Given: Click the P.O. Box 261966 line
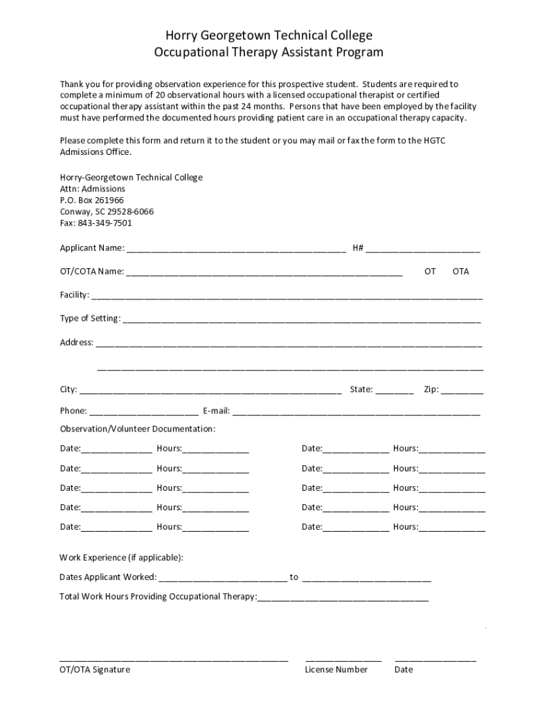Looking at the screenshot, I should click(92, 201).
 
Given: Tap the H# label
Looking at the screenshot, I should click(358, 248).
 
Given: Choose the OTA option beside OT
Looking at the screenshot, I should click(460, 272).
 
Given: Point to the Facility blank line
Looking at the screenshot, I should click(287, 297).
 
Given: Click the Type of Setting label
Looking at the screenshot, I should click(90, 318).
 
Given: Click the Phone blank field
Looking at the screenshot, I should click(144, 413).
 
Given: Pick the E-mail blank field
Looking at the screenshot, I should click(356, 413).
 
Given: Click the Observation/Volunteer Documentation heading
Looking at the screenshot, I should click(138, 429).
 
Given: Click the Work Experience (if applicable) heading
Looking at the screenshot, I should click(122, 557).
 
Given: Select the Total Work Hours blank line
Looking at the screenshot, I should click(343, 598).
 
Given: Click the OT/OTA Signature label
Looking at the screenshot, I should click(95, 670).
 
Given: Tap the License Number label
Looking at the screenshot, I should click(336, 670).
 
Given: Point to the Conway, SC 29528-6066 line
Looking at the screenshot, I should click(107, 212).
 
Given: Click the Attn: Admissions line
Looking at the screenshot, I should click(92, 189).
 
